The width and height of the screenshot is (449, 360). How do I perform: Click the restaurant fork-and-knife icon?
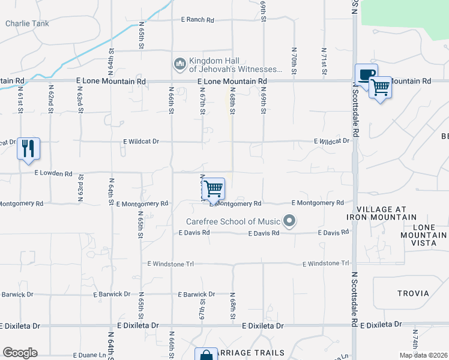28,148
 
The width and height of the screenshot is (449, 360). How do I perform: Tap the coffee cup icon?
366,74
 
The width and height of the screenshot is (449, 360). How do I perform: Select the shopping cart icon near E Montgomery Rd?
214,188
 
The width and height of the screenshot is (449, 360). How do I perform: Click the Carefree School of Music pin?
290,221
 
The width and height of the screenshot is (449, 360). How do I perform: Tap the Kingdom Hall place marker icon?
179,64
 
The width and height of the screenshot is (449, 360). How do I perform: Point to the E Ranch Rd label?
198,20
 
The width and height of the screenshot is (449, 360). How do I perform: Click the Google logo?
20,353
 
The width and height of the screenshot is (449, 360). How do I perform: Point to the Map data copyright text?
423,355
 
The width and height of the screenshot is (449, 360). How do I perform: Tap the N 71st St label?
324,61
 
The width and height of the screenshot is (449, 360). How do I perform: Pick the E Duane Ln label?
91,356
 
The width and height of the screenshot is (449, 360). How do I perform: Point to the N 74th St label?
414,341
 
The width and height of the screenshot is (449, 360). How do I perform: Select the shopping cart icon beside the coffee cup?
380,88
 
